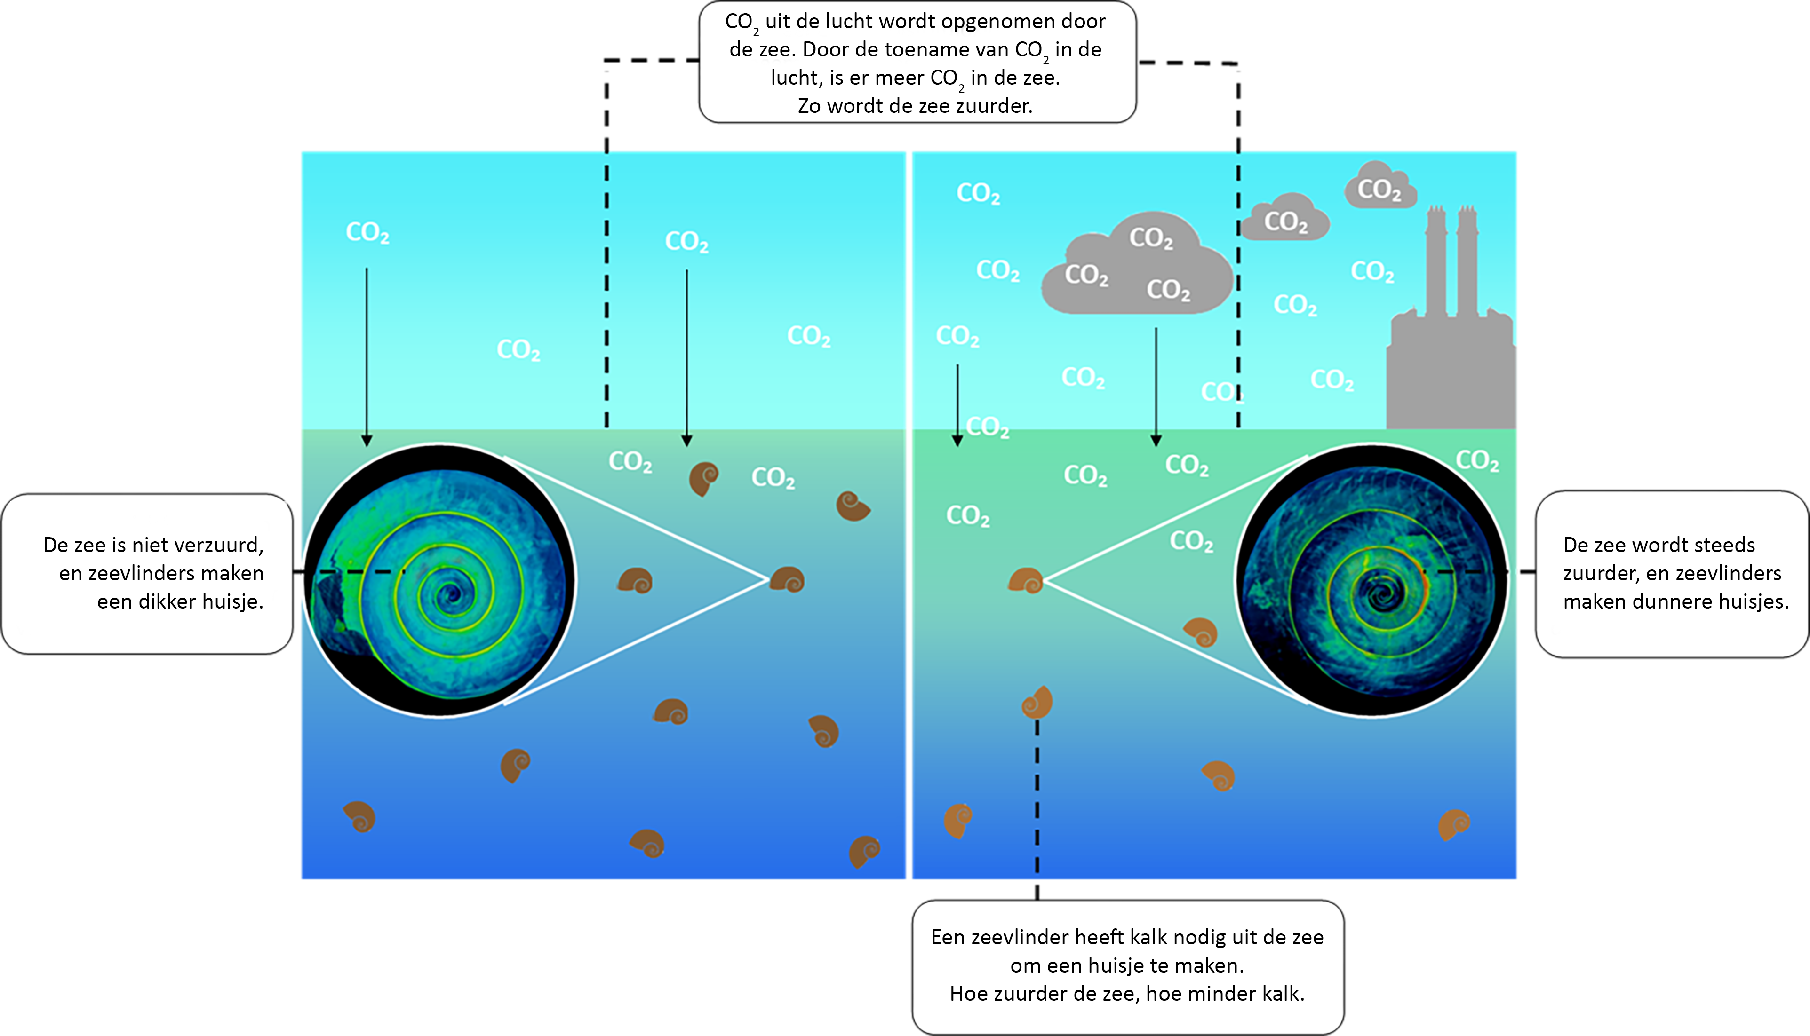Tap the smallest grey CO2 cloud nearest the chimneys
coord(1380,186)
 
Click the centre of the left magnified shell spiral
coord(451,593)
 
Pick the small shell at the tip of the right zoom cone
coord(1026,581)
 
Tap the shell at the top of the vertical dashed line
coord(1037,703)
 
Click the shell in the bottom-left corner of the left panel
coord(359,817)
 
